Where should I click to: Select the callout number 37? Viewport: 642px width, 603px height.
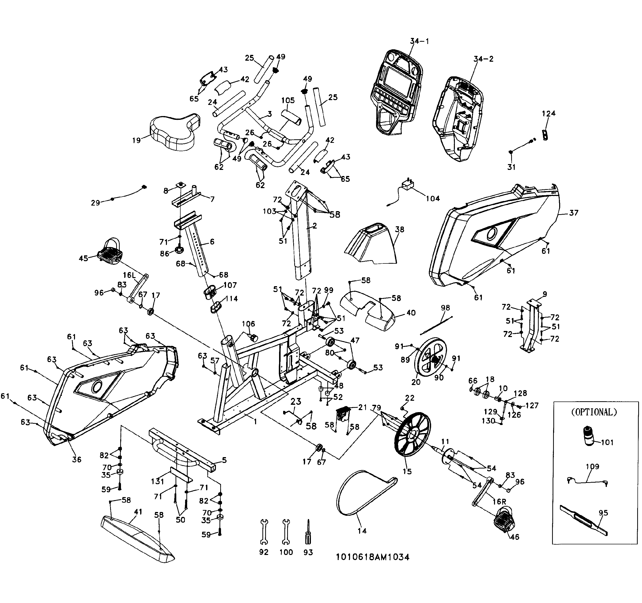(573, 213)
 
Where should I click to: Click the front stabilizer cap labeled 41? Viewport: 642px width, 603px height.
(137, 538)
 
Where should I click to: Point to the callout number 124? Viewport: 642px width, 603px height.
(548, 113)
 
